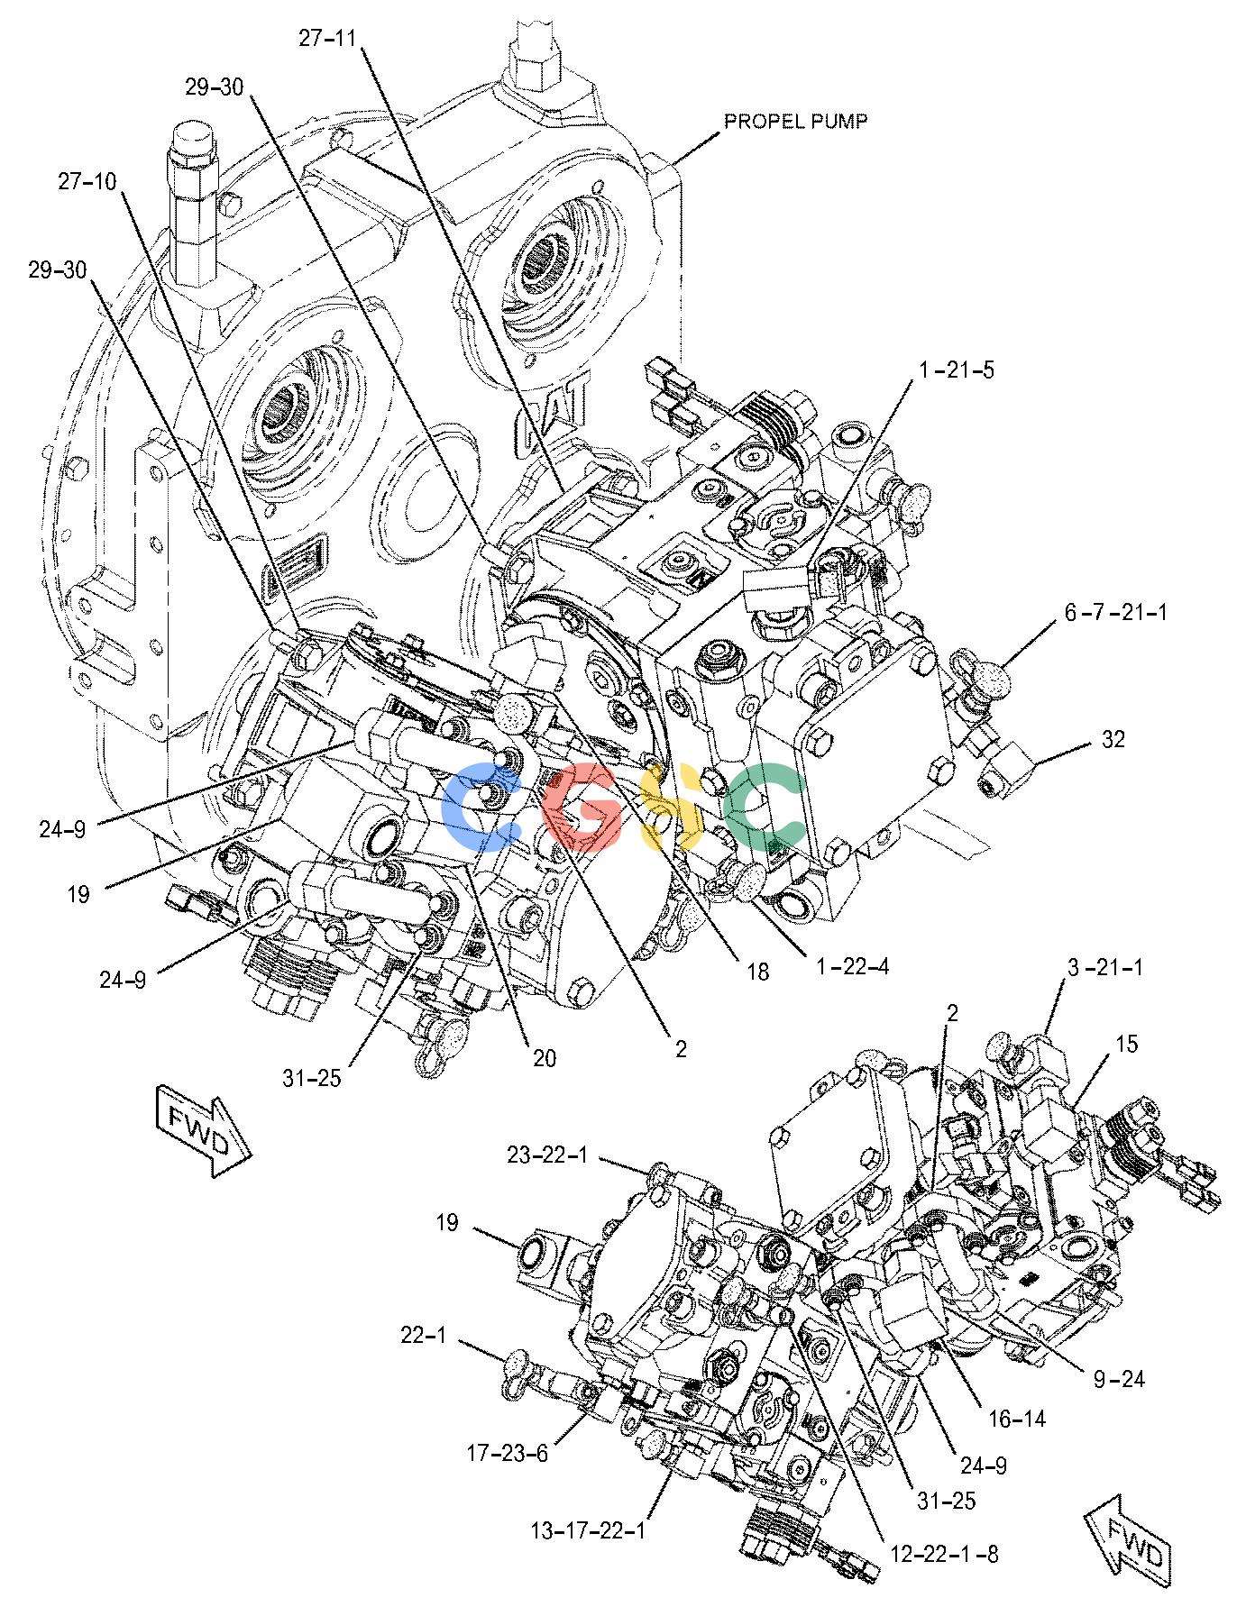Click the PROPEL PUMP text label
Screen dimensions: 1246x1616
pyautogui.click(x=796, y=121)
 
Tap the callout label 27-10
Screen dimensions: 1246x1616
pyautogui.click(x=88, y=181)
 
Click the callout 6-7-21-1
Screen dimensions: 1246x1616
pyautogui.click(x=1115, y=613)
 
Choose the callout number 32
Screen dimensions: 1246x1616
pyautogui.click(x=1113, y=740)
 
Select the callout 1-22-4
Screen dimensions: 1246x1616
pyautogui.click(x=852, y=967)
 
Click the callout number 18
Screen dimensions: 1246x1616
pyautogui.click(x=757, y=972)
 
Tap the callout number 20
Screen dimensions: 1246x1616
pyautogui.click(x=544, y=1057)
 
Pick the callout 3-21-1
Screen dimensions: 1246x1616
pyautogui.click(x=1104, y=968)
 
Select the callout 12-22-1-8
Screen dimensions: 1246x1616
pyautogui.click(x=944, y=1554)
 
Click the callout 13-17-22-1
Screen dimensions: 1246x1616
pyautogui.click(x=589, y=1531)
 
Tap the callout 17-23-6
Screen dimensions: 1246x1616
pyautogui.click(x=508, y=1453)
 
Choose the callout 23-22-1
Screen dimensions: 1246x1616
pyautogui.click(x=547, y=1155)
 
